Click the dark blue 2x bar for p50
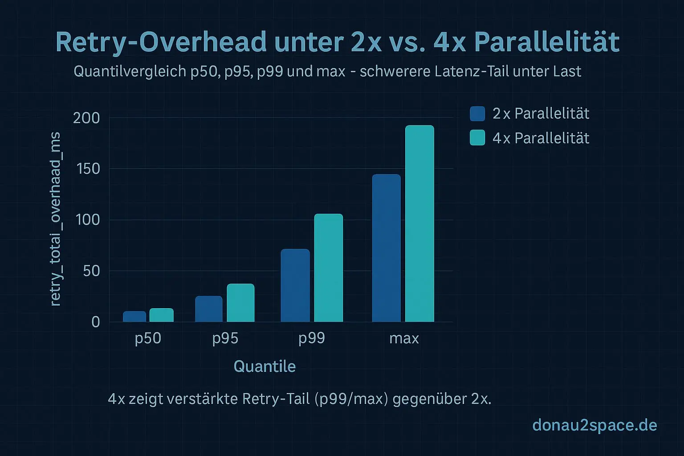[x=134, y=317]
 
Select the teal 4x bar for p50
[x=161, y=315]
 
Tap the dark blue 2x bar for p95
[x=208, y=309]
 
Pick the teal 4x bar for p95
[x=240, y=303]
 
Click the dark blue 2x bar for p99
[x=295, y=285]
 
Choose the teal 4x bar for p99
[x=329, y=268]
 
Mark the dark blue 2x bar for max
[x=386, y=248]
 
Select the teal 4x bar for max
[x=419, y=224]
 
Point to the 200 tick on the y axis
[x=86, y=118]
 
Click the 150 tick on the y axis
[x=86, y=169]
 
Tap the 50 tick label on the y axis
[x=91, y=271]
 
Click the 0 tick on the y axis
[x=96, y=322]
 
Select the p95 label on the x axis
[x=225, y=338]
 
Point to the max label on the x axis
[x=404, y=338]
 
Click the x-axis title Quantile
[x=265, y=366]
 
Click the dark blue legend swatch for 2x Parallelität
[x=477, y=114]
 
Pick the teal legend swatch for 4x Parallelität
[x=477, y=138]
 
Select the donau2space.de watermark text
[x=594, y=425]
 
